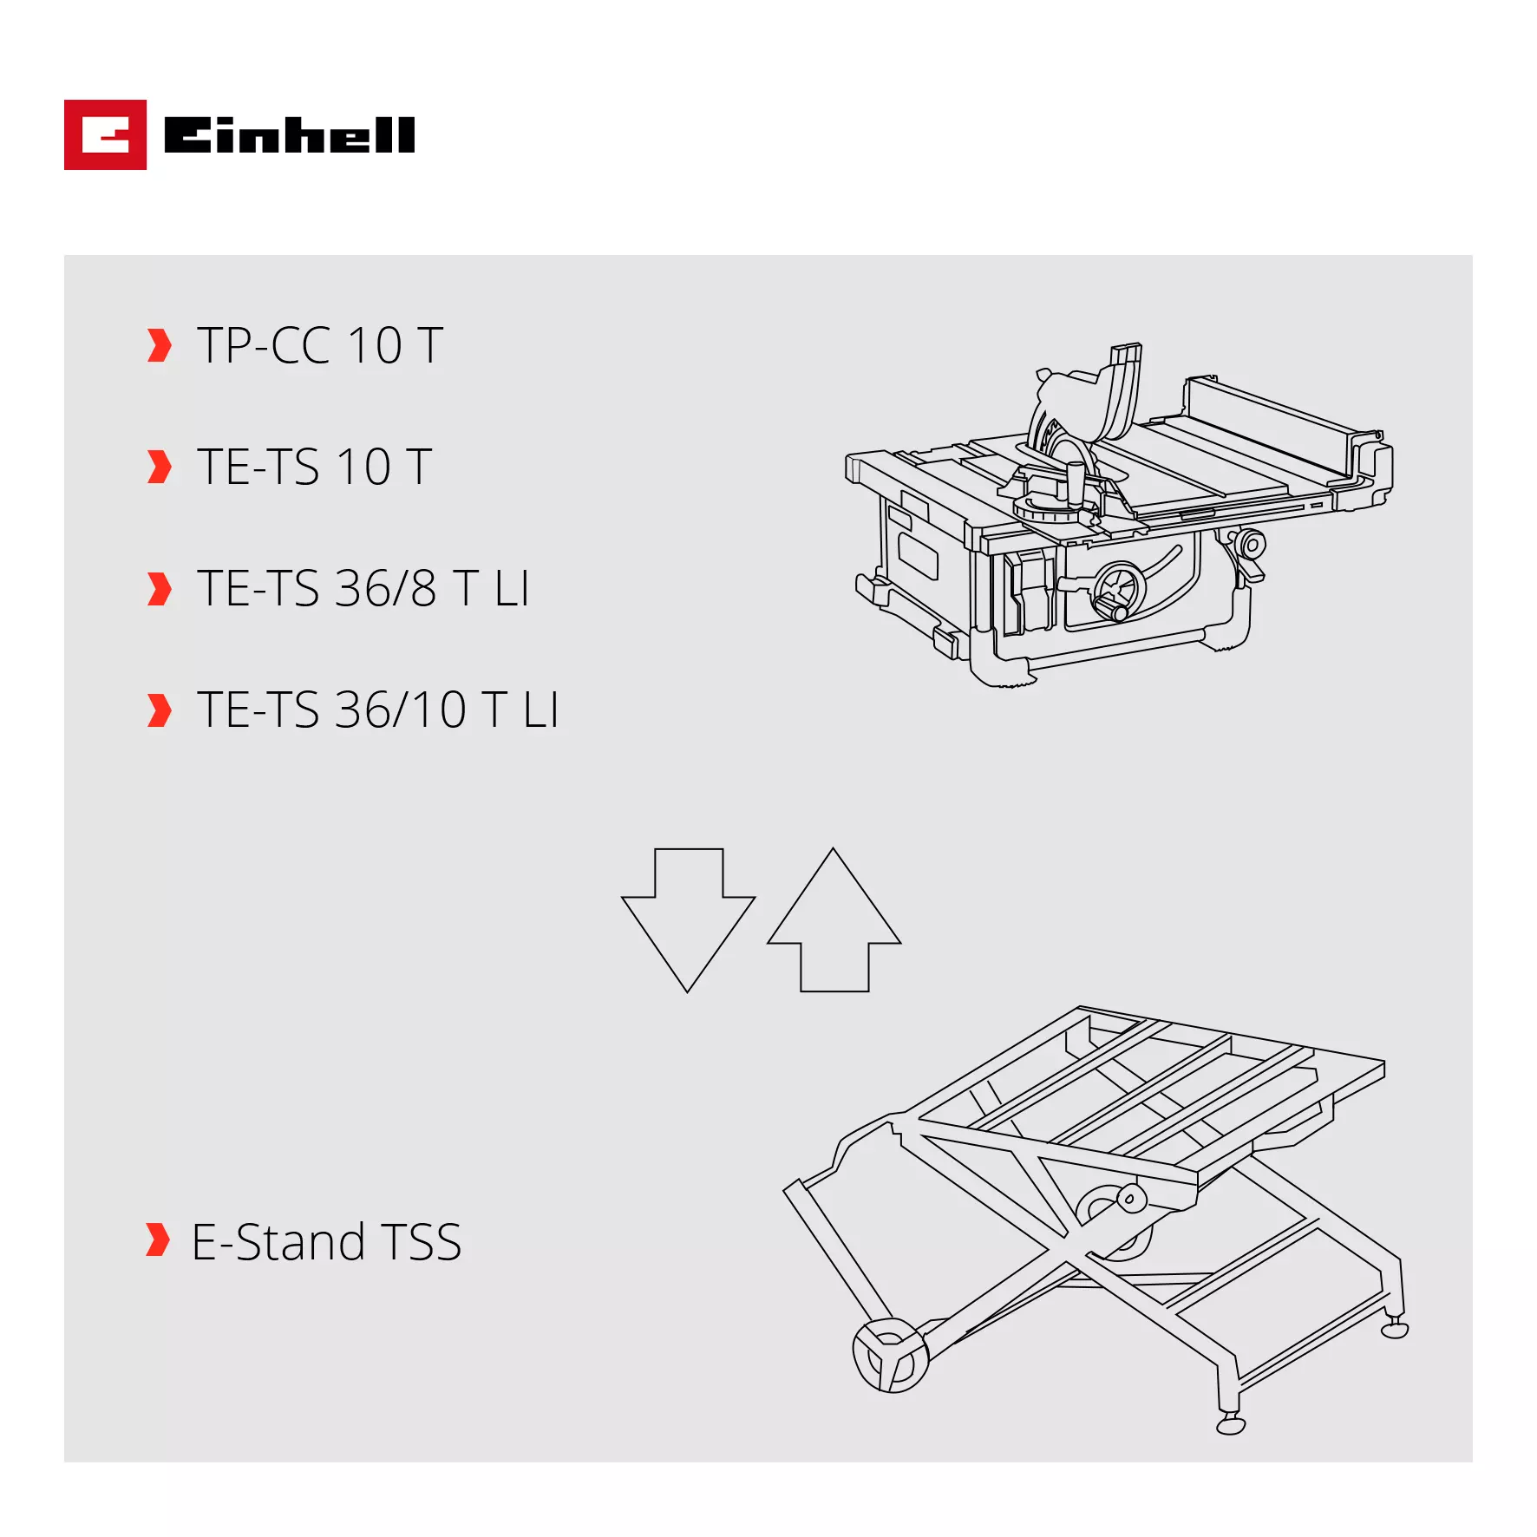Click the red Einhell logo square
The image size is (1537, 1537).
(x=105, y=135)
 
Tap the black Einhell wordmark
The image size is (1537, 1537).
(x=289, y=135)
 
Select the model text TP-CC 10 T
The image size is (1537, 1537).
(x=320, y=345)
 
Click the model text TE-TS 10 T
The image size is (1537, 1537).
(x=314, y=467)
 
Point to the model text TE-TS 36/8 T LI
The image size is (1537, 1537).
(x=363, y=588)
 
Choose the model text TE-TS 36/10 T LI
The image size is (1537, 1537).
(x=377, y=710)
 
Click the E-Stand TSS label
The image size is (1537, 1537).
(x=326, y=1241)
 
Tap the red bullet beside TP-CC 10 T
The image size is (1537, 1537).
(x=159, y=345)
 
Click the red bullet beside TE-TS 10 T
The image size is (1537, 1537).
(x=159, y=467)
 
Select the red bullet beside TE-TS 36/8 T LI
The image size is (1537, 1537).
(x=159, y=589)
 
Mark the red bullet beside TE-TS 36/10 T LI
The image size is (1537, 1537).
(x=159, y=710)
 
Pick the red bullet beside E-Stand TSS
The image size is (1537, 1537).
(x=157, y=1240)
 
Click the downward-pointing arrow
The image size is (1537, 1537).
(x=688, y=919)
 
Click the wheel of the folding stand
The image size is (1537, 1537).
(x=890, y=1355)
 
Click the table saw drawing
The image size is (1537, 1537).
(x=1119, y=520)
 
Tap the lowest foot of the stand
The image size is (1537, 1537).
(x=1231, y=1426)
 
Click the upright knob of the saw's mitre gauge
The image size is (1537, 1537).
(x=1076, y=482)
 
